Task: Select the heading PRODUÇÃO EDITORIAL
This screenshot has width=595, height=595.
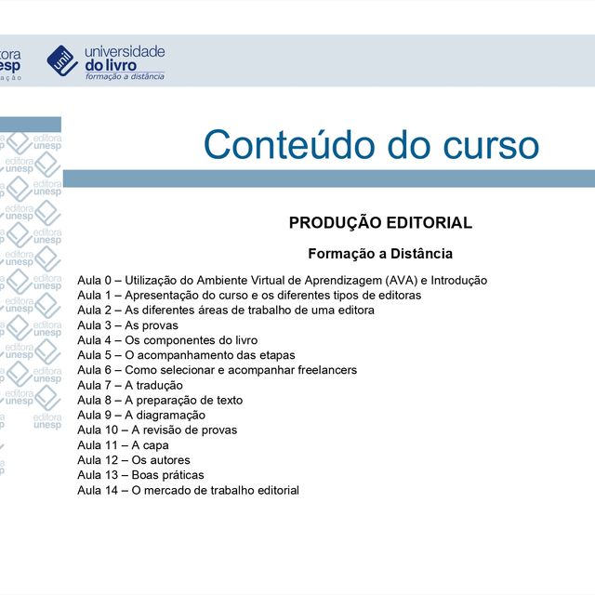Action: pyautogui.click(x=380, y=223)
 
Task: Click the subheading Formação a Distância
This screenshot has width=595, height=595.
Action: pyautogui.click(x=380, y=253)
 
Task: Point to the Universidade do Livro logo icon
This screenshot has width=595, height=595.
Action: pyautogui.click(x=62, y=60)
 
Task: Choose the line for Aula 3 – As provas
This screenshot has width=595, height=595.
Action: pyautogui.click(x=127, y=325)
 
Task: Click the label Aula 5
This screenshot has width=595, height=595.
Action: pyautogui.click(x=94, y=355)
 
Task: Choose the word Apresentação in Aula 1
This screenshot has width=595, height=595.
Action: pyautogui.click(x=165, y=295)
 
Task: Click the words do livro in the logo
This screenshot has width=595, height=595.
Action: pyautogui.click(x=110, y=65)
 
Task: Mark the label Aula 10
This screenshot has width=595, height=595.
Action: pyautogui.click(x=98, y=430)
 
